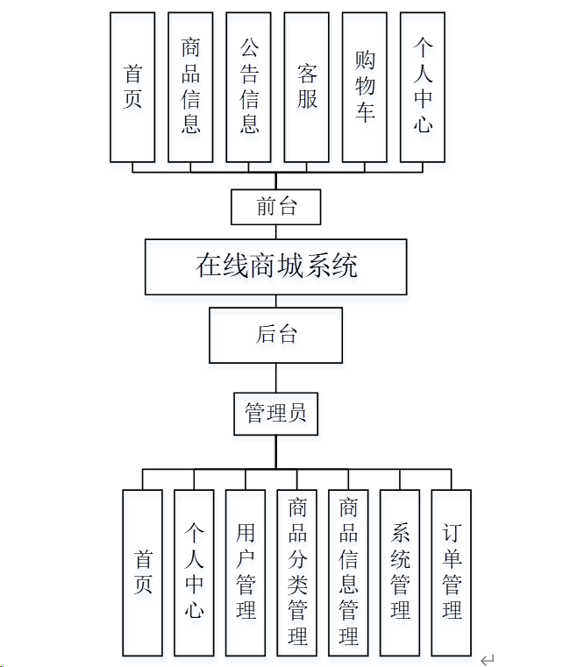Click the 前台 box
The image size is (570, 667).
pos(275,208)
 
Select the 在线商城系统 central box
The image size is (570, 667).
pos(275,267)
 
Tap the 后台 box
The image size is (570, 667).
pos(275,334)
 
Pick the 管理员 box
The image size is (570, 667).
pos(275,414)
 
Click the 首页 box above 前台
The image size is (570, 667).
pos(132,88)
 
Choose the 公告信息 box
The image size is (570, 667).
pos(248,88)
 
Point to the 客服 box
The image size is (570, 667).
pos(306,88)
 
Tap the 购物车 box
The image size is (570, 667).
pos(364,88)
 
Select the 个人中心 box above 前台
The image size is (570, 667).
pos(422,88)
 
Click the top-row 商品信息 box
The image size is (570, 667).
pos(190,88)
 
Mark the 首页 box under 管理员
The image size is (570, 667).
pos(142,572)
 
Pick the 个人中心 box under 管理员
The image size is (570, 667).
pos(194,572)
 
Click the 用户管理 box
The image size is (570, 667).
pos(246,572)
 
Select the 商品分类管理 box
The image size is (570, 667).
pos(297,572)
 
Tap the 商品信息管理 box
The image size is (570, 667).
pos(348,572)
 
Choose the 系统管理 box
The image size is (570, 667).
pos(400,572)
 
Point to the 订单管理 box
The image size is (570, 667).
pos(452,572)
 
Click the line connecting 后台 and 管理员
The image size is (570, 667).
pos(275,378)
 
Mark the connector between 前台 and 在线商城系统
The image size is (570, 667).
pos(275,232)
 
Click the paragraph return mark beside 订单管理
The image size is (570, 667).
pos(488,659)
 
